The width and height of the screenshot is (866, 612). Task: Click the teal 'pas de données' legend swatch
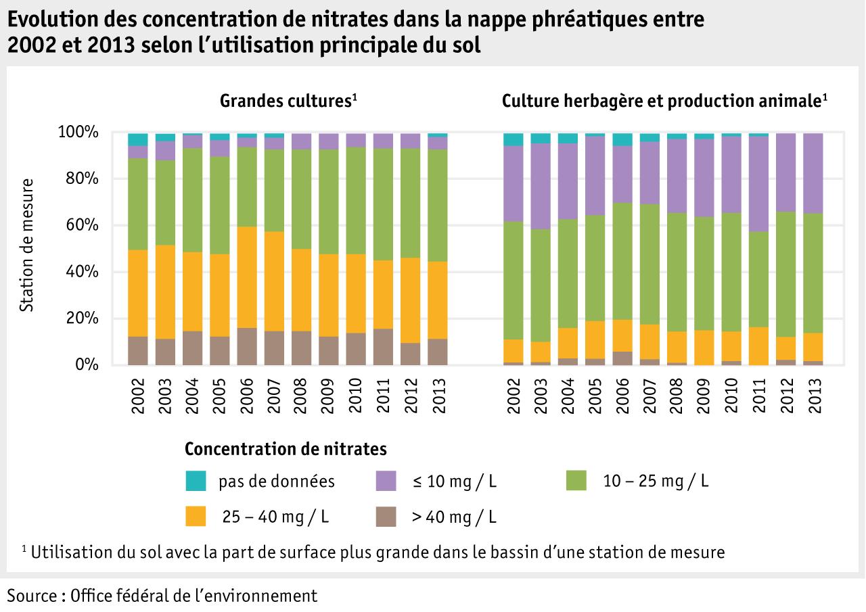pos(196,481)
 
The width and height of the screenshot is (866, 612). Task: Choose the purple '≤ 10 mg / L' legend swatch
pos(385,481)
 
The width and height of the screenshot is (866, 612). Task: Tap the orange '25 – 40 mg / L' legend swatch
pos(196,517)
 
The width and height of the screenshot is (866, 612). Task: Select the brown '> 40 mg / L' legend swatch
pos(385,517)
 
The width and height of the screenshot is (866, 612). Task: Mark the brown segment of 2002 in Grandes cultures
pos(138,350)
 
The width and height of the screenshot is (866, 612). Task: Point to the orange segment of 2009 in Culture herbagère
pos(704,347)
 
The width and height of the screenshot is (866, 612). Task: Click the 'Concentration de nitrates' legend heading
pos(286,449)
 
